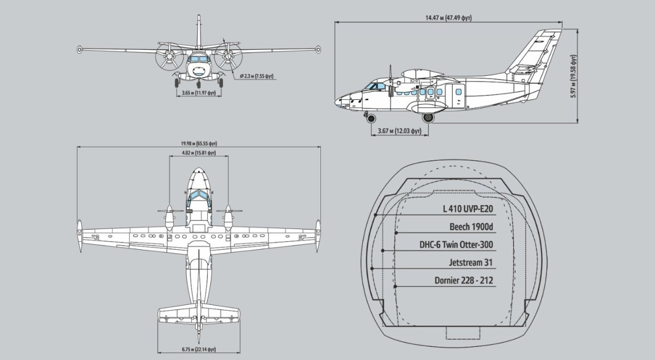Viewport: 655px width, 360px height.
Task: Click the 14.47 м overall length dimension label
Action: tap(449, 18)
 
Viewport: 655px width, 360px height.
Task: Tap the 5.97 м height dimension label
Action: tap(573, 75)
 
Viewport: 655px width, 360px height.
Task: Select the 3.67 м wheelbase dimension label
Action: tap(399, 131)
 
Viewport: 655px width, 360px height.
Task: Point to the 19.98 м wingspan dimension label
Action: tap(198, 143)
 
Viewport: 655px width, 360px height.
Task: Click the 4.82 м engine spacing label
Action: tap(199, 153)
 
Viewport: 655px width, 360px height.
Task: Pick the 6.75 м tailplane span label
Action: tap(199, 349)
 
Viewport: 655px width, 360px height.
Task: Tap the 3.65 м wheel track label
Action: tap(199, 93)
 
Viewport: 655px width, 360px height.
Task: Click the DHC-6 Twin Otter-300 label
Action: tap(456, 244)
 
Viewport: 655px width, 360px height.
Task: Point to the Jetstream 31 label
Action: tap(471, 262)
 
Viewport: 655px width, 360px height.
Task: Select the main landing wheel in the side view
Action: tap(428, 117)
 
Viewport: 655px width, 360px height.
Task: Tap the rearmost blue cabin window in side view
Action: tap(458, 92)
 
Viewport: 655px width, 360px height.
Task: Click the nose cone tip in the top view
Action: tap(199, 170)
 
